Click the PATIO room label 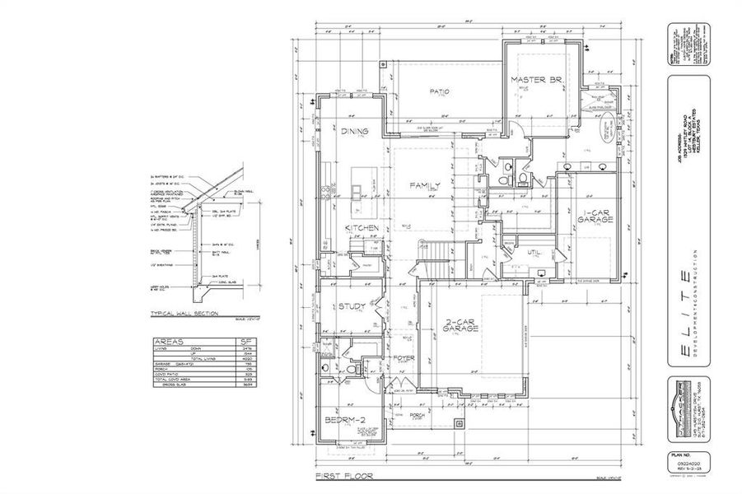[437, 91]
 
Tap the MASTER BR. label [536, 80]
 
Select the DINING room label [354, 132]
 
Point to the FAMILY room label [426, 186]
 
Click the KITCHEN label [362, 227]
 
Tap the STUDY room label [352, 307]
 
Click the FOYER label [404, 358]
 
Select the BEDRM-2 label [344, 421]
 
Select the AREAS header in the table [170, 340]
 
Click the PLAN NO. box [680, 459]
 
